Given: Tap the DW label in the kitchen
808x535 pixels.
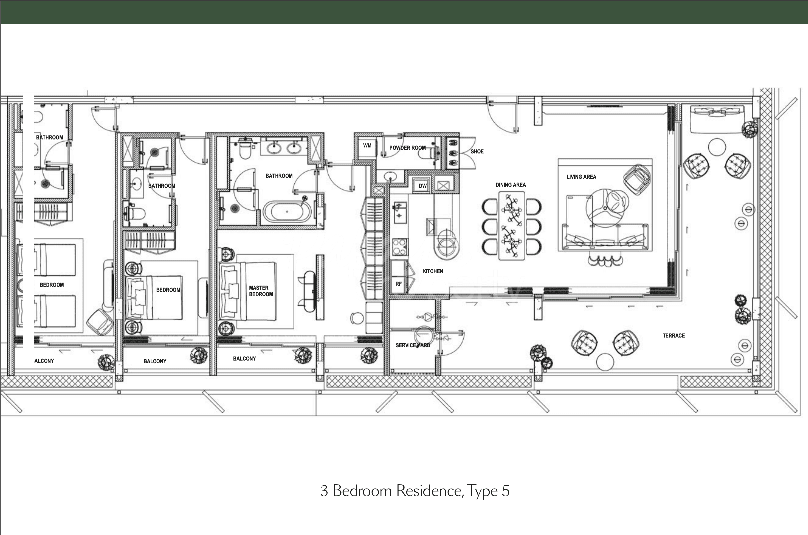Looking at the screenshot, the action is pos(422,186).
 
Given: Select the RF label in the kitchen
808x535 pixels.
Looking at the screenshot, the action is pos(399,284).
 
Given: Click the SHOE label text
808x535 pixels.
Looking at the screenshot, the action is pos(477,151).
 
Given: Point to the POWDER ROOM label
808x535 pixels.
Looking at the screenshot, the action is pos(407,148).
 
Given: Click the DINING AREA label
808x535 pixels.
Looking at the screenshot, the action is pos(510,185).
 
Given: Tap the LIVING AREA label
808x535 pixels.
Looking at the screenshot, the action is pos(581,177).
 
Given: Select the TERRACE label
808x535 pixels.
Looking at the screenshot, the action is pos(674,336).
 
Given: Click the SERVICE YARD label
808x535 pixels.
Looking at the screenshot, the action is pos(413,345).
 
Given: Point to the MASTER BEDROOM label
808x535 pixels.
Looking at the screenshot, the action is pos(261,291).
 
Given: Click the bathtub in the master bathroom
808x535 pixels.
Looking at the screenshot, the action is pos(287,212).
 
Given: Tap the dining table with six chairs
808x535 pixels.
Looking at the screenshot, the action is pos(511,225).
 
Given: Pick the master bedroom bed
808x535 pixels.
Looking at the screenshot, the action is pos(248,291).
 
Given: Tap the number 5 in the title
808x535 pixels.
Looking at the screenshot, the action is pos(506,491).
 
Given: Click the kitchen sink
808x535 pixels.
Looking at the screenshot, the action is pos(400,212).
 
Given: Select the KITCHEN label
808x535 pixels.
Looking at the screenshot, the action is pos(433,271).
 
